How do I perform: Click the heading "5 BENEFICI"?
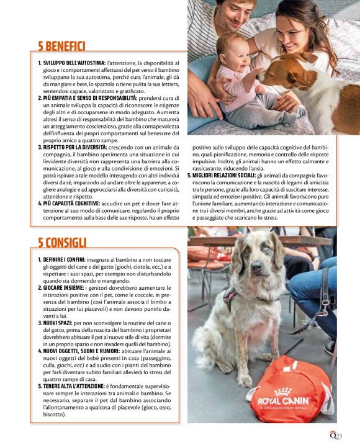click(x=61, y=45)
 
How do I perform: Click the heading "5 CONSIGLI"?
click(x=60, y=242)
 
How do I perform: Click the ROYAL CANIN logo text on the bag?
click(x=284, y=401)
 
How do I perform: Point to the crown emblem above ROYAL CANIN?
click(x=283, y=391)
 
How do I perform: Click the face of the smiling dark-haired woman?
click(x=292, y=29)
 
